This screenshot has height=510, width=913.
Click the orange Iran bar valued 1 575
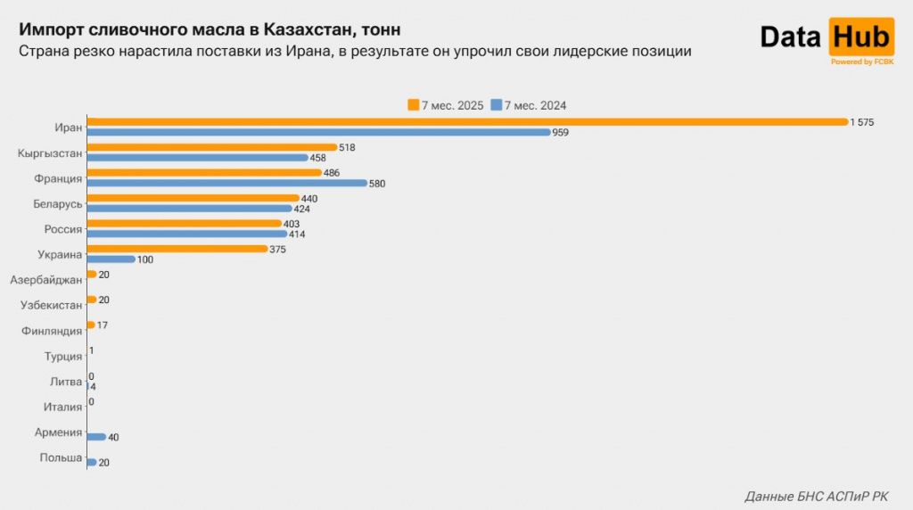467,121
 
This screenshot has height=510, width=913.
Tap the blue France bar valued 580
227,183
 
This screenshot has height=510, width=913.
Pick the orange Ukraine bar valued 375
177,249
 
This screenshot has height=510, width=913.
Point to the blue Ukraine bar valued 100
111,259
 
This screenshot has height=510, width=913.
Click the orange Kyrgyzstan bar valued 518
212,147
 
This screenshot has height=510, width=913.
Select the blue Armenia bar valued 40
96,437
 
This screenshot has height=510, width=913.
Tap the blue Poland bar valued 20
92,462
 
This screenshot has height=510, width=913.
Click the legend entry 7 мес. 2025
446,105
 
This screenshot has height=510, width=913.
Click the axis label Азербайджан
46,280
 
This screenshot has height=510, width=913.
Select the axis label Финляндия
53,331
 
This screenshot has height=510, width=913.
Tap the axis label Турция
63,357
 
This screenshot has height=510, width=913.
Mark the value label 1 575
862,121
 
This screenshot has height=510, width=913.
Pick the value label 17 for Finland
103,325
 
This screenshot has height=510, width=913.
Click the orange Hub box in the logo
861,37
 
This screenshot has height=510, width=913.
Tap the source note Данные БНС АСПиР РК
816,496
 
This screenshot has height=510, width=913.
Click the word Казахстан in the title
302,29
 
